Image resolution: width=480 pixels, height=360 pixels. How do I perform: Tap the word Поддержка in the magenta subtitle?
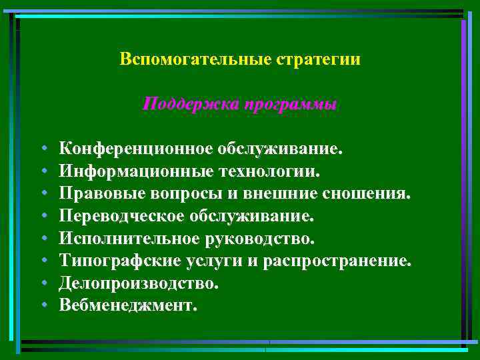[191, 105]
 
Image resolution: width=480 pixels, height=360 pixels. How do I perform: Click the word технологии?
[270, 170]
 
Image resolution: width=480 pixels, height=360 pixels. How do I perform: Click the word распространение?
[348, 260]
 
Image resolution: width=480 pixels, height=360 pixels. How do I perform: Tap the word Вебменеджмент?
[128, 305]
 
